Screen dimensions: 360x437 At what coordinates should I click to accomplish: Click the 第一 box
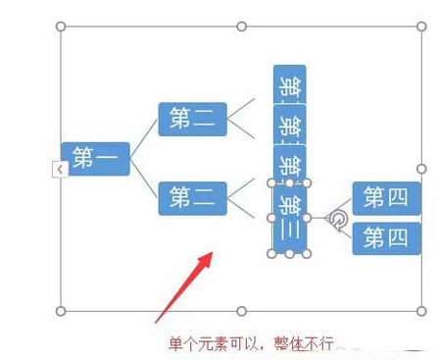click(x=95, y=158)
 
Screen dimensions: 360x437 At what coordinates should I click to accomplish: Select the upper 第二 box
click(x=192, y=120)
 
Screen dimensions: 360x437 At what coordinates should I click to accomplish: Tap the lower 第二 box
click(x=192, y=198)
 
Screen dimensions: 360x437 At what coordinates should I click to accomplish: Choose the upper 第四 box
click(x=386, y=198)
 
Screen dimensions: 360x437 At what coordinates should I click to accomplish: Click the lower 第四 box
click(x=386, y=237)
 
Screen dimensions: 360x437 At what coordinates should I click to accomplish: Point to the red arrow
click(x=184, y=285)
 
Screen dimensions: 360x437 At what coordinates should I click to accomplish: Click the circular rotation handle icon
click(x=337, y=219)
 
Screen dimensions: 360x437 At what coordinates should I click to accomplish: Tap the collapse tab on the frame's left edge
click(x=59, y=171)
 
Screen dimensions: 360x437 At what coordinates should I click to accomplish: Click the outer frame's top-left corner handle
click(x=62, y=26)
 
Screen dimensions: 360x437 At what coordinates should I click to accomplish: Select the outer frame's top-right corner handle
click(x=422, y=26)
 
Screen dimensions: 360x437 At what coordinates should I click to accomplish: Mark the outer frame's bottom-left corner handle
click(x=62, y=311)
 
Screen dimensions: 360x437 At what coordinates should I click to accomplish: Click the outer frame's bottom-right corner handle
click(x=422, y=311)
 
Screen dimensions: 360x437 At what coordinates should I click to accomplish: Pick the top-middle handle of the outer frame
click(x=242, y=26)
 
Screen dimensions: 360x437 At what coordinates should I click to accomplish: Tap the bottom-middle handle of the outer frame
click(x=242, y=311)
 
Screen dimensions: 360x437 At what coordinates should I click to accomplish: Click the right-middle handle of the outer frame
click(x=422, y=169)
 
